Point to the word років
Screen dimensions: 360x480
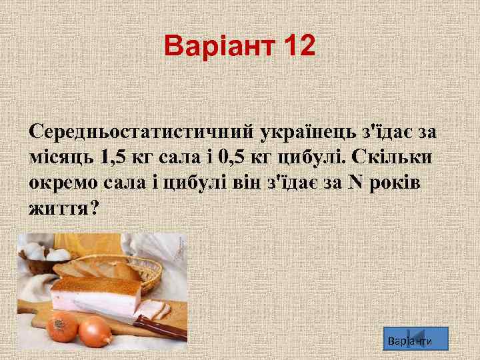[401, 183]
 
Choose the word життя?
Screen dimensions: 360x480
[63, 209]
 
